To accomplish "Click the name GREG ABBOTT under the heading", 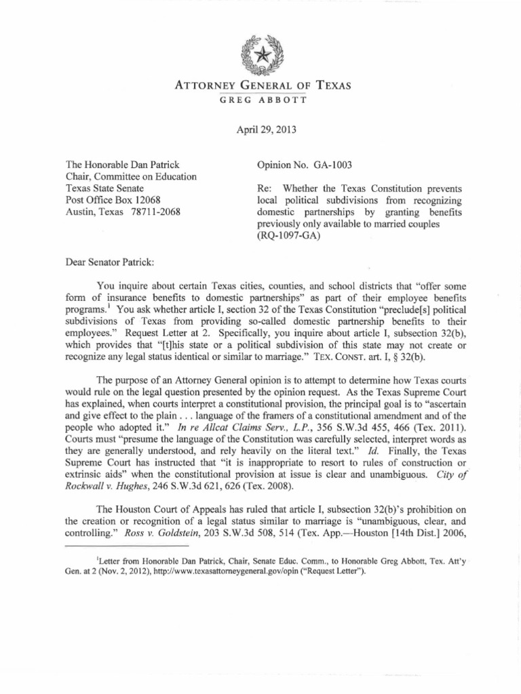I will (x=260, y=99).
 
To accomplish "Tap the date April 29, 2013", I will (x=260, y=129).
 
